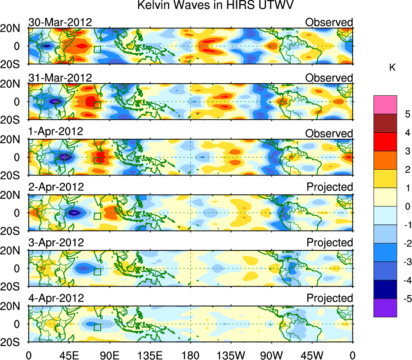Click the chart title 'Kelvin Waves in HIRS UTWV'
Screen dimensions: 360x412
click(x=215, y=5)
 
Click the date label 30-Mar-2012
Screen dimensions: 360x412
click(x=60, y=22)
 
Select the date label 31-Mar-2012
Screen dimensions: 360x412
click(x=60, y=78)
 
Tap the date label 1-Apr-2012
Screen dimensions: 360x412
click(x=56, y=131)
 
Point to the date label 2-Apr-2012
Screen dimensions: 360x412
click(x=56, y=187)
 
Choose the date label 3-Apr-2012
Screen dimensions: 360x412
click(x=56, y=243)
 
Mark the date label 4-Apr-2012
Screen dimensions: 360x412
click(x=56, y=298)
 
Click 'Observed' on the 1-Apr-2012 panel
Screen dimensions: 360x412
click(x=329, y=134)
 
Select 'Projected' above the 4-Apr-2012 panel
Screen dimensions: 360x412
click(x=330, y=298)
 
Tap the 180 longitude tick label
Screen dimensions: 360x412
click(x=190, y=355)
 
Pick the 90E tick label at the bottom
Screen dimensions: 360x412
click(x=110, y=355)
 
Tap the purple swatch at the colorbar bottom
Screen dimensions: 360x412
click(x=385, y=308)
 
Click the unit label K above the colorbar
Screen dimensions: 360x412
click(x=392, y=68)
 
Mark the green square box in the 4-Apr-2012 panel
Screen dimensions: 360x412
click(x=97, y=327)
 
